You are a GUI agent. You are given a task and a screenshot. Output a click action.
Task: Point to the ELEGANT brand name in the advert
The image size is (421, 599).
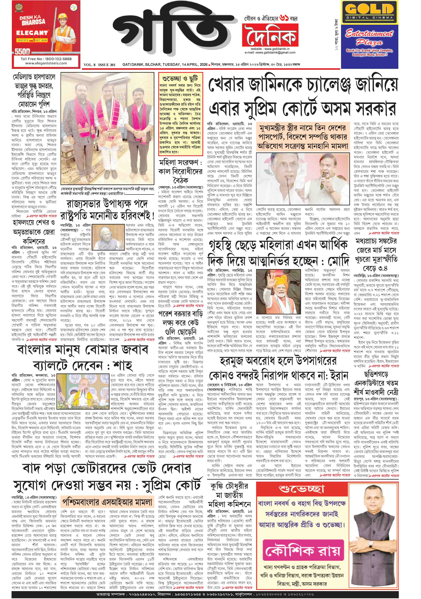32,33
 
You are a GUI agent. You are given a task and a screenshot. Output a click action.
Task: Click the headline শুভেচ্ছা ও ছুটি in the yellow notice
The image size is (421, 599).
180,78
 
